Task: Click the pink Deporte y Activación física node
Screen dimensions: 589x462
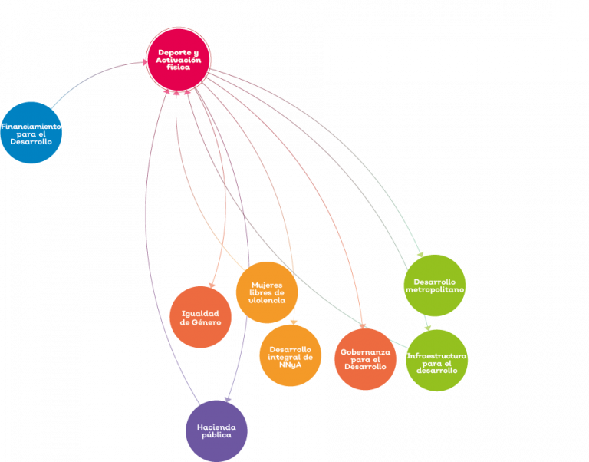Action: click(x=179, y=59)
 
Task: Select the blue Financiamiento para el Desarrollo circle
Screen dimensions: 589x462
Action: click(x=31, y=133)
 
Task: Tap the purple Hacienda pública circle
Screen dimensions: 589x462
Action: click(x=217, y=431)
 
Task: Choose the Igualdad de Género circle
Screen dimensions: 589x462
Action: click(x=201, y=317)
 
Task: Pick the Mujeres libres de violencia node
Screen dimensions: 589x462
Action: click(x=267, y=292)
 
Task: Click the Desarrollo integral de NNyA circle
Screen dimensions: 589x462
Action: click(x=291, y=355)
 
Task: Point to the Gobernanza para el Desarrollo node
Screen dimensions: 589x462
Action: click(x=365, y=359)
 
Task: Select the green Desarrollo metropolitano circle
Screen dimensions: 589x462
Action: click(x=435, y=285)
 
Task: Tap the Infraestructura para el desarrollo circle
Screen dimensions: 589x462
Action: click(x=437, y=361)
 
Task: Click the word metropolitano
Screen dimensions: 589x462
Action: click(x=435, y=289)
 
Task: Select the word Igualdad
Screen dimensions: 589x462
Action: click(x=200, y=314)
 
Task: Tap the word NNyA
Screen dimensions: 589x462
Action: click(x=291, y=365)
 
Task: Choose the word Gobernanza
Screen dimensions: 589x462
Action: click(x=365, y=352)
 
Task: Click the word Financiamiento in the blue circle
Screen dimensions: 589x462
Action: click(x=31, y=127)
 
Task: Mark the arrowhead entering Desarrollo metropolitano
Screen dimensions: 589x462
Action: click(x=421, y=254)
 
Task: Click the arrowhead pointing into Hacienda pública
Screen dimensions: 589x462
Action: click(x=228, y=399)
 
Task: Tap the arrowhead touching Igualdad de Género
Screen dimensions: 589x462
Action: click(x=212, y=285)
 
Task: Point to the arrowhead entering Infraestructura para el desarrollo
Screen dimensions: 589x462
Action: click(x=427, y=328)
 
